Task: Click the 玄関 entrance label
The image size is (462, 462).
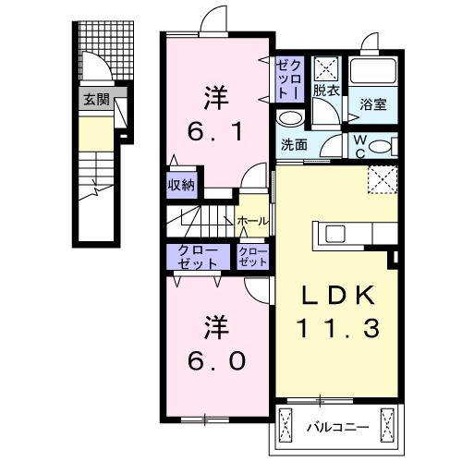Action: (x=95, y=100)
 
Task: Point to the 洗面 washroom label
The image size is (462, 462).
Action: (x=294, y=144)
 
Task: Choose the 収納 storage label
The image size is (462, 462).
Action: (x=180, y=185)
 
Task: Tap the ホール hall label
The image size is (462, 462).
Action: (x=252, y=221)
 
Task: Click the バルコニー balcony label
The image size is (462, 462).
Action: (x=337, y=428)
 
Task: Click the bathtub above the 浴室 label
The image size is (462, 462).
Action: (x=375, y=71)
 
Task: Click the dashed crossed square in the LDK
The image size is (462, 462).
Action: (x=381, y=178)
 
